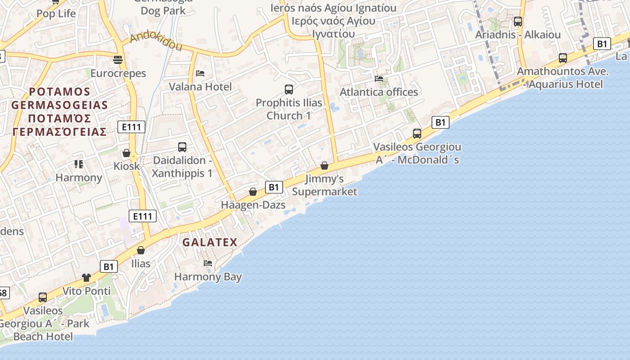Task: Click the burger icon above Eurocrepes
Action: [x=118, y=59]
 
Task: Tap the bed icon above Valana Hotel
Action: [x=200, y=73]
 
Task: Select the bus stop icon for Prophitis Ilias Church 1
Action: [x=289, y=89]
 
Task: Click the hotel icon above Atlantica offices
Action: [x=379, y=78]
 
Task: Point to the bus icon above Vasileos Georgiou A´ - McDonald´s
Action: [x=417, y=133]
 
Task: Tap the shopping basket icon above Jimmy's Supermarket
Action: [x=324, y=166]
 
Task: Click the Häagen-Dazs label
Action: [x=253, y=205]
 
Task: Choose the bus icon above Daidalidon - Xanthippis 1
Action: [x=182, y=147]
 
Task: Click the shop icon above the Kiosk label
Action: [x=126, y=153]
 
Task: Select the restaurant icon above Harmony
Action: [x=79, y=164]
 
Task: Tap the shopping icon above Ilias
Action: [x=141, y=250]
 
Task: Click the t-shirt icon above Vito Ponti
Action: [x=86, y=277]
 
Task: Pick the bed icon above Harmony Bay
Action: [x=208, y=263]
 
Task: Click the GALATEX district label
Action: [x=210, y=242]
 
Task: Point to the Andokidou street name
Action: [x=156, y=42]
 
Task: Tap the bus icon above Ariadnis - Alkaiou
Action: [x=518, y=21]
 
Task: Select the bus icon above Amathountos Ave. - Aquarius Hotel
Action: [x=563, y=58]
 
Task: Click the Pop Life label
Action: [x=56, y=13]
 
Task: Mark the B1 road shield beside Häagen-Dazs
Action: [x=274, y=187]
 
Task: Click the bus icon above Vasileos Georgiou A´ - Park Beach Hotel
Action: [x=43, y=297]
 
